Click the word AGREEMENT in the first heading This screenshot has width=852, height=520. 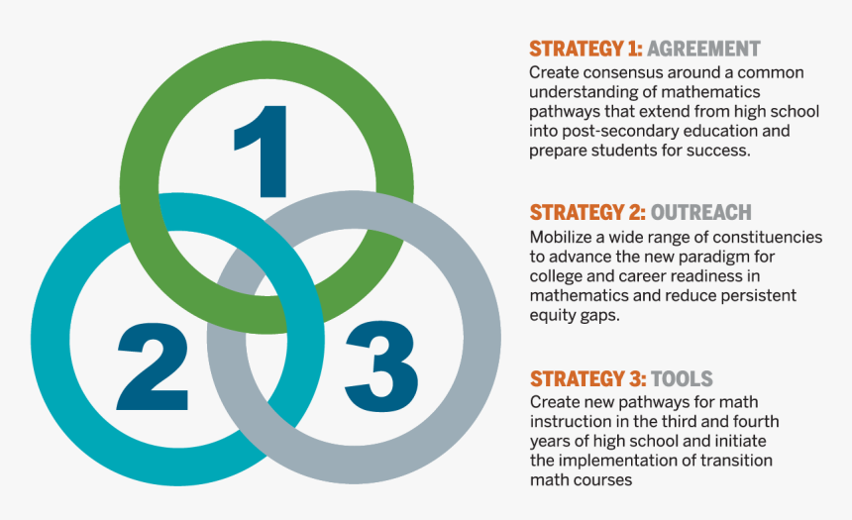click(x=704, y=49)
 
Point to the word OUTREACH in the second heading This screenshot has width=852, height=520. click(x=701, y=213)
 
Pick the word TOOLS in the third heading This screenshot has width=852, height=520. click(x=682, y=379)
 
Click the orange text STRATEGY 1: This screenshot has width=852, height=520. click(x=586, y=49)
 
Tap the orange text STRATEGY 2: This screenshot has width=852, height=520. click(x=586, y=213)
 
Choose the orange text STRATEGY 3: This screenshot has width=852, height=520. click(x=586, y=379)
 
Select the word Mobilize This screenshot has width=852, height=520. click(x=562, y=238)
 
